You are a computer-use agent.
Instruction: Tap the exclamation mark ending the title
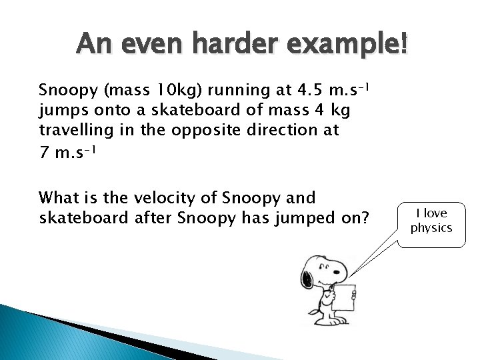pos(401,45)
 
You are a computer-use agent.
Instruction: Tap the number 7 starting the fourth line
pos(44,152)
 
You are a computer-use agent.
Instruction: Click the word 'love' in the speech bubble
pos(436,213)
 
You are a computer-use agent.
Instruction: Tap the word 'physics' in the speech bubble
pos(431,228)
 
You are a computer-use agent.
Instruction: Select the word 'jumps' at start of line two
pos(59,110)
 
